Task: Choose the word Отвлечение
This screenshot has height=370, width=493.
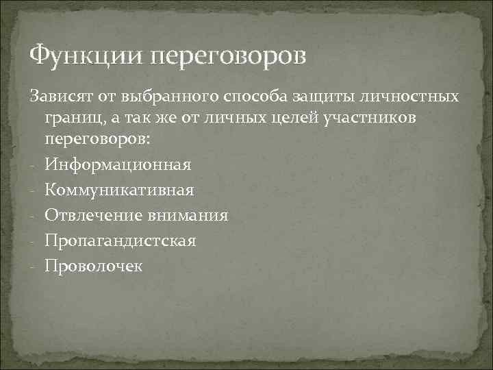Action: pyautogui.click(x=93, y=215)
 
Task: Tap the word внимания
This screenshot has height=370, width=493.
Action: pyautogui.click(x=187, y=215)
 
